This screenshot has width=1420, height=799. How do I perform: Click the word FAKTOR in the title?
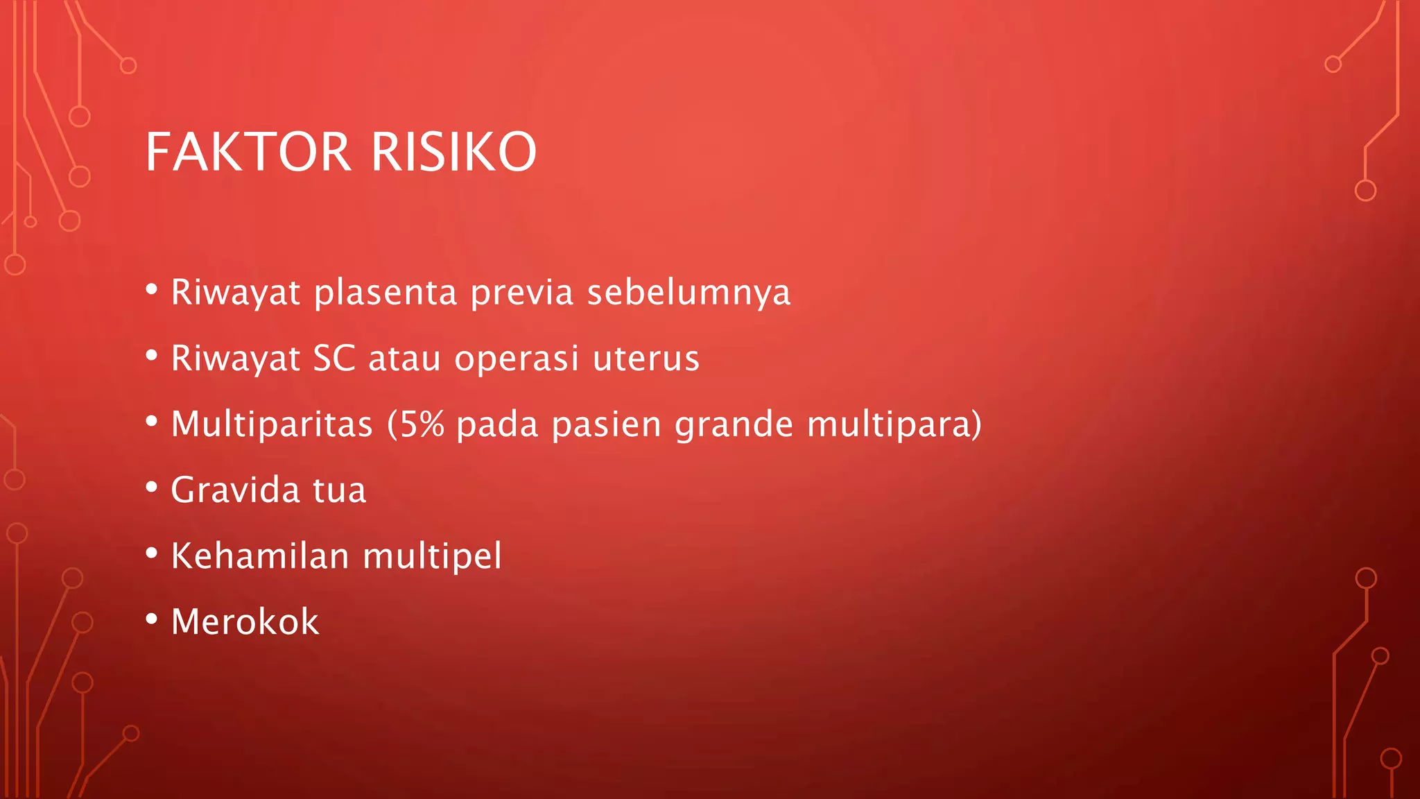(x=248, y=152)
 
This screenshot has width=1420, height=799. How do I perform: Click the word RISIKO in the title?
(x=453, y=152)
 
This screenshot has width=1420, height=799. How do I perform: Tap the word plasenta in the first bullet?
(x=385, y=293)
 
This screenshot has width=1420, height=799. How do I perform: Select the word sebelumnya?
(x=689, y=291)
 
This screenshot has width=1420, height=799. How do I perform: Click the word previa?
(x=521, y=293)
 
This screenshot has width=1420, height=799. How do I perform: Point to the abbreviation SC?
(x=334, y=359)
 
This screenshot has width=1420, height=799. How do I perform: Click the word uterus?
(x=646, y=359)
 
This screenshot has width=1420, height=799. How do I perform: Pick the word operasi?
(x=516, y=359)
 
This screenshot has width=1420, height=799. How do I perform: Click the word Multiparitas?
(x=272, y=424)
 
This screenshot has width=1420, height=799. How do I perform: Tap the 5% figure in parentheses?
(x=422, y=424)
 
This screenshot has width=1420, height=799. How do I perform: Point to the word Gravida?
(x=235, y=490)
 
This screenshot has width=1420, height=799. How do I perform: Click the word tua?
(x=339, y=490)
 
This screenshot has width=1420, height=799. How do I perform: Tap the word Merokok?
(x=245, y=621)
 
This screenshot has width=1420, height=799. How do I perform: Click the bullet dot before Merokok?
(x=152, y=619)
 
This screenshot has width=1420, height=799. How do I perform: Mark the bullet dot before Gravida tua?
(x=152, y=487)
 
